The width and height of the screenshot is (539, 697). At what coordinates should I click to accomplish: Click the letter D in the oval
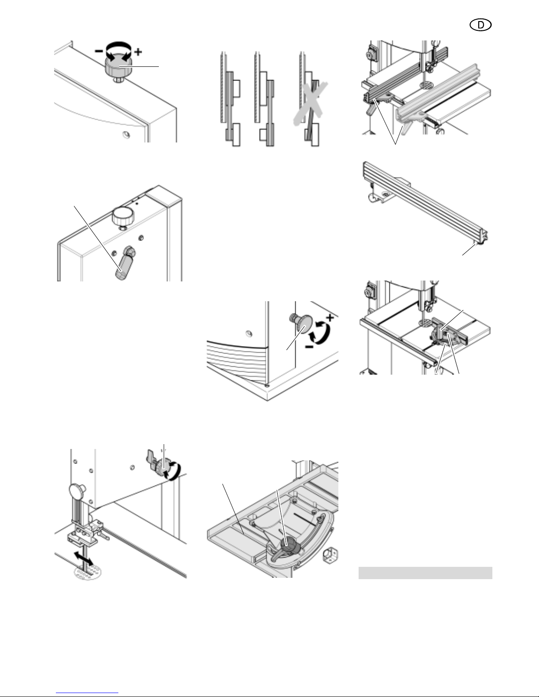(480, 25)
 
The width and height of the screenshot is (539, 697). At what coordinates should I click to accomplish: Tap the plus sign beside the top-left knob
(138, 51)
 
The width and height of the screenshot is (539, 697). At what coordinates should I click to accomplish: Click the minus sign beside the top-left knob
(99, 51)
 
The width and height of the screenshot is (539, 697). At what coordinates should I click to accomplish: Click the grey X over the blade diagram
(311, 103)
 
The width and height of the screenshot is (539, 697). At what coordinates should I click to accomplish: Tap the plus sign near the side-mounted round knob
(330, 317)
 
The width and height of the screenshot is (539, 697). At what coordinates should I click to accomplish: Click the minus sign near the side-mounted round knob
(309, 347)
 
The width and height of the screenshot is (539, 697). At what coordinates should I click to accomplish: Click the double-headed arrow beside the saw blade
(84, 559)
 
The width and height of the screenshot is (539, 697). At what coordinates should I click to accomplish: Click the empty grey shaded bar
(425, 573)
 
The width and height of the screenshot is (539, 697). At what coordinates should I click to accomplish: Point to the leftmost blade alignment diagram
(231, 99)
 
